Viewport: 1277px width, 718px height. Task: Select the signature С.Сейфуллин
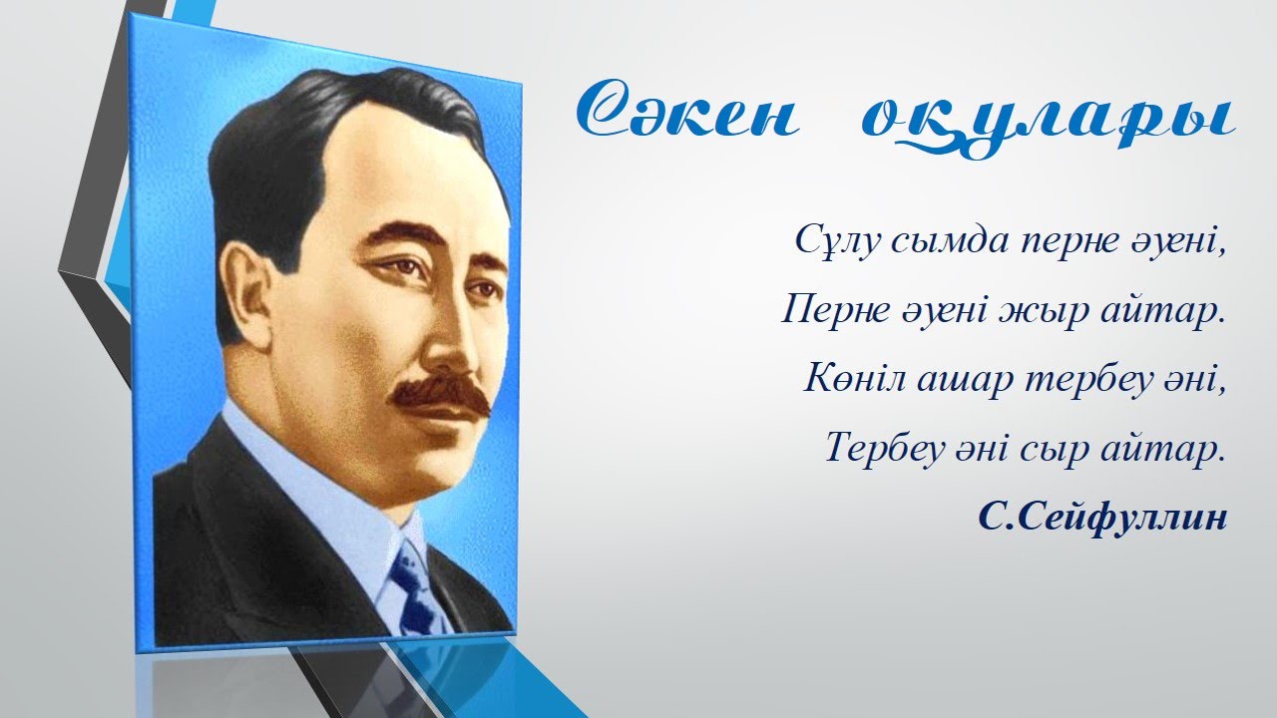[x=1101, y=519]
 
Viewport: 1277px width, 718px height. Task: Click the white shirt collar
[x=299, y=469]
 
